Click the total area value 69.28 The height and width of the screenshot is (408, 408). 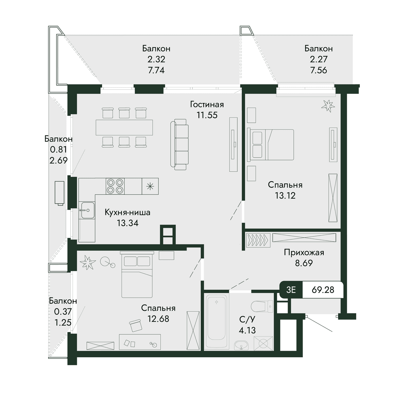(323, 290)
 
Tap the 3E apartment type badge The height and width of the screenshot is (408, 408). (291, 290)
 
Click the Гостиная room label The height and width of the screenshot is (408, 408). (207, 104)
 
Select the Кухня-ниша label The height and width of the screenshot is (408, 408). (128, 213)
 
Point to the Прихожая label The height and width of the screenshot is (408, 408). (304, 252)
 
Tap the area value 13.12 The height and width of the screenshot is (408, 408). (285, 195)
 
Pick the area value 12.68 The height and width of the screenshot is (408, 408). (158, 319)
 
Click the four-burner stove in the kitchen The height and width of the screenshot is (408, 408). (115, 186)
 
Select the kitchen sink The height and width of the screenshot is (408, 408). (87, 210)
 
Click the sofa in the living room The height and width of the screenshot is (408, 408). (179, 144)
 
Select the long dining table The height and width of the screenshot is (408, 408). (124, 128)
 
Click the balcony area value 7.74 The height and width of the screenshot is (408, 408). (156, 70)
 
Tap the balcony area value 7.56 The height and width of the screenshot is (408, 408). (319, 70)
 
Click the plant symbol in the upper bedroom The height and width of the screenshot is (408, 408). (328, 106)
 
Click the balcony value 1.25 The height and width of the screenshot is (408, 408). (63, 323)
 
